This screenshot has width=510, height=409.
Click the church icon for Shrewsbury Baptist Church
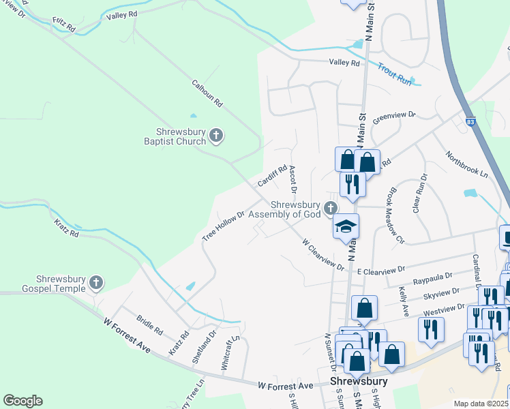click(x=216, y=136)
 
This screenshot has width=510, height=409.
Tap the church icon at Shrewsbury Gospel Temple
click(x=97, y=282)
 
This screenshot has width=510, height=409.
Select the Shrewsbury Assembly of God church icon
click(x=330, y=208)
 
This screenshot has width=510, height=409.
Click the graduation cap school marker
click(x=346, y=227)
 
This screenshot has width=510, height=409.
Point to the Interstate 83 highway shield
click(x=471, y=121)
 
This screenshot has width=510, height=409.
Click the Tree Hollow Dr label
click(x=223, y=226)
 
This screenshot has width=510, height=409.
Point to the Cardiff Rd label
click(x=272, y=176)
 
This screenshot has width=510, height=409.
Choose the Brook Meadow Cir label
click(x=397, y=216)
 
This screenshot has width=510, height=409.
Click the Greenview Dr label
click(x=394, y=117)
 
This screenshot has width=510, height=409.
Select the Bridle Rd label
click(x=149, y=325)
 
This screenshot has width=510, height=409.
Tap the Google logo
click(x=22, y=401)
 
